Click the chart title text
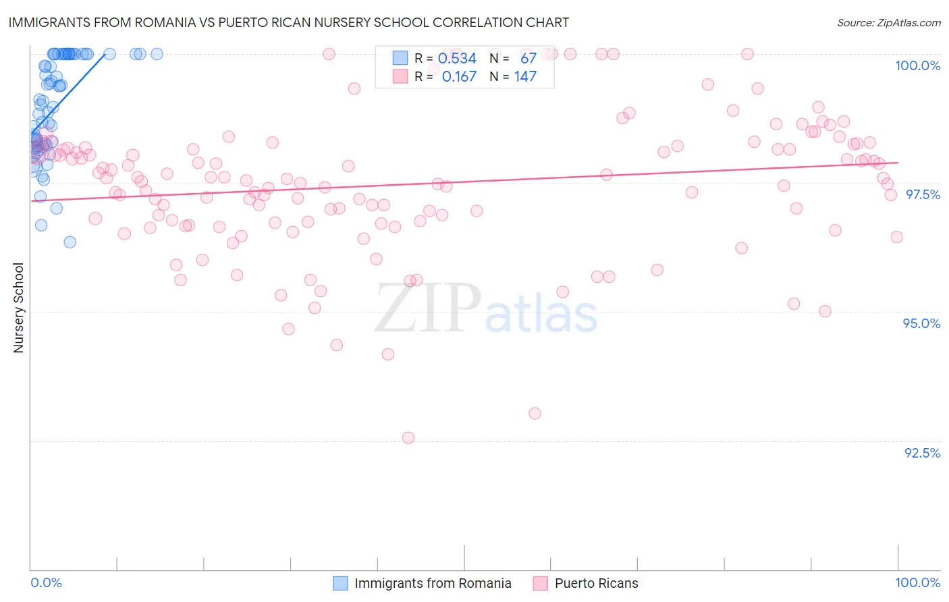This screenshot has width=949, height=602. (289, 22)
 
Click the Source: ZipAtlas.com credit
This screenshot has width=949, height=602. (888, 22)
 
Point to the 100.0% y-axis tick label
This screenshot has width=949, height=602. (917, 65)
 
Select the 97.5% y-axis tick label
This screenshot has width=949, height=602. (922, 194)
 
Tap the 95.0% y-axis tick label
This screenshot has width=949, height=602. (921, 323)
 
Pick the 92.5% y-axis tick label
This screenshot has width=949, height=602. (922, 453)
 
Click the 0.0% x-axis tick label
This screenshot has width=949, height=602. (46, 582)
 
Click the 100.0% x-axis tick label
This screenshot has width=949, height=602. (917, 582)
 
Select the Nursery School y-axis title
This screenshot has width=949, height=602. (18, 308)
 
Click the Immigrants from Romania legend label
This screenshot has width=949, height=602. (433, 583)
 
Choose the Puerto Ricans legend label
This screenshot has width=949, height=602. (596, 583)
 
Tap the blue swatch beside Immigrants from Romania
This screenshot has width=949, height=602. (341, 583)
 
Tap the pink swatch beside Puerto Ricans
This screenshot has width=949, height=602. (540, 583)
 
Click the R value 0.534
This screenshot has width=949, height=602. (457, 58)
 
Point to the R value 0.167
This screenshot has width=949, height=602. (459, 76)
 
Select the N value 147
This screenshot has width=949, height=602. (525, 76)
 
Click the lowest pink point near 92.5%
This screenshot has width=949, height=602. (408, 438)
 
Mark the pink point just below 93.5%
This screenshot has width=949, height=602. (535, 413)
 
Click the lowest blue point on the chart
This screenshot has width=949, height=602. (70, 242)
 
